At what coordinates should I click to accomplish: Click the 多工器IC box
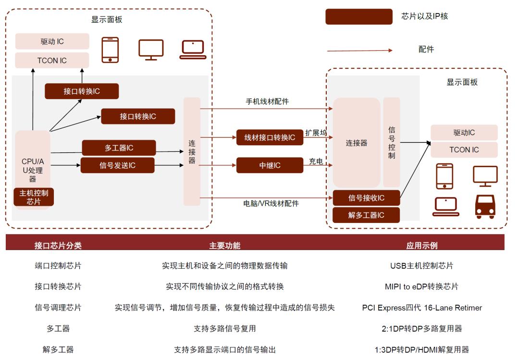pyautogui.click(x=119, y=148)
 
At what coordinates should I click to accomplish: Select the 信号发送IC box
pyautogui.click(x=117, y=165)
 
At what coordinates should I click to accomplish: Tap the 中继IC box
pyautogui.click(x=270, y=165)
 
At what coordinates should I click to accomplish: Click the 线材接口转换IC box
pyautogui.click(x=270, y=137)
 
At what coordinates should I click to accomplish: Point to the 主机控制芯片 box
pyautogui.click(x=34, y=197)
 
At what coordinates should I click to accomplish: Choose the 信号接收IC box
pyautogui.click(x=366, y=198)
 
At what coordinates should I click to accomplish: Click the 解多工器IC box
pyautogui.click(x=366, y=215)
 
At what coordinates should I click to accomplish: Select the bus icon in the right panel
pyautogui.click(x=484, y=207)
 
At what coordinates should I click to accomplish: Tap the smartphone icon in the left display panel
pyautogui.click(x=110, y=50)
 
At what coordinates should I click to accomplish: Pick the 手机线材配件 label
pyautogui.click(x=267, y=101)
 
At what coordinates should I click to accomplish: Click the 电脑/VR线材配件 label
pyautogui.click(x=271, y=203)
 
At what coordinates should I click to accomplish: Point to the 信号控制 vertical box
pyautogui.click(x=391, y=142)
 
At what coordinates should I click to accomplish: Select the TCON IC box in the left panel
pyautogui.click(x=52, y=61)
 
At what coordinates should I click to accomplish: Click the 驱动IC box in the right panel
pyautogui.click(x=464, y=133)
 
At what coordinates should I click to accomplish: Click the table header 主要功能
pyautogui.click(x=224, y=246)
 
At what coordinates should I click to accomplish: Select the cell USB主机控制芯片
pyautogui.click(x=421, y=266)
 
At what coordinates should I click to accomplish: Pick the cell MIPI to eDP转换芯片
pyautogui.click(x=421, y=286)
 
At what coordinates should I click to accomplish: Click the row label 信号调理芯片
pyautogui.click(x=58, y=308)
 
